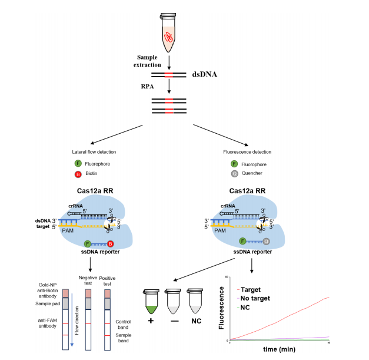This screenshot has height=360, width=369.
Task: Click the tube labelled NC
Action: [x=195, y=301]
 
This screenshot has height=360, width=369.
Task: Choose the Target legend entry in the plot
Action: [x=250, y=289]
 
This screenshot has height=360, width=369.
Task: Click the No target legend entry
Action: [x=254, y=299]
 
